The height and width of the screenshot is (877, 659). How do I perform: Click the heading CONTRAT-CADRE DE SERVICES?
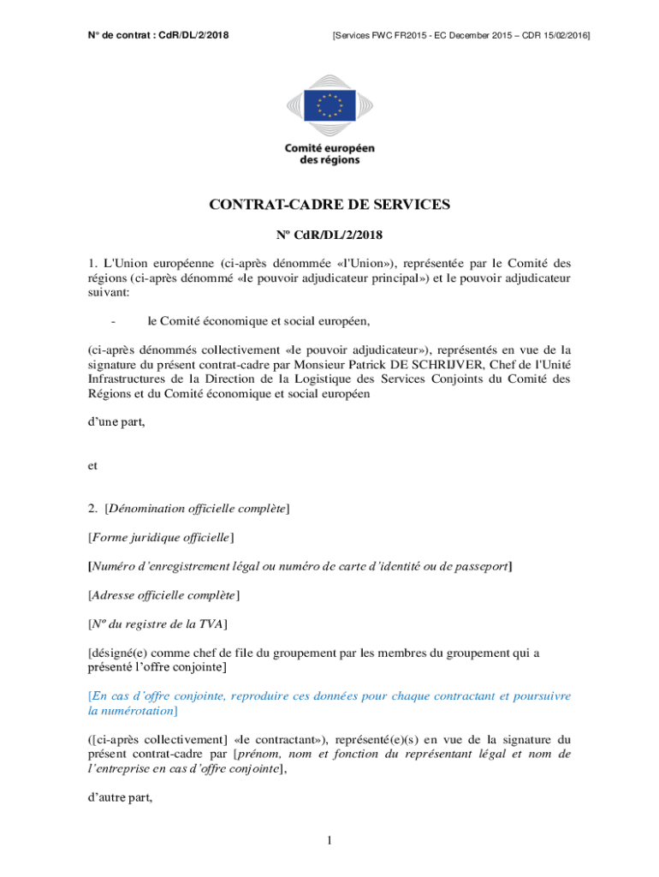tap(329, 205)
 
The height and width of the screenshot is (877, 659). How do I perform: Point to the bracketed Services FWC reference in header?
tap(460, 35)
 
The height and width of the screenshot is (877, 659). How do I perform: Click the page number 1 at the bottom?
tap(329, 840)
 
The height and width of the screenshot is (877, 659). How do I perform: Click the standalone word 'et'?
tap(92, 466)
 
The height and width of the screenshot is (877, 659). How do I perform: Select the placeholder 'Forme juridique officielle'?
tap(161, 538)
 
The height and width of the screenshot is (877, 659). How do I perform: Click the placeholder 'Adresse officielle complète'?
tap(163, 594)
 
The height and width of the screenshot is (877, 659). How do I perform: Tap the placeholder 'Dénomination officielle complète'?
tap(196, 510)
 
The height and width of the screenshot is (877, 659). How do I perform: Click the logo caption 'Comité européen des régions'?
tap(329, 154)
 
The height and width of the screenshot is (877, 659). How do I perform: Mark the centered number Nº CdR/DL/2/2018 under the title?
tap(329, 234)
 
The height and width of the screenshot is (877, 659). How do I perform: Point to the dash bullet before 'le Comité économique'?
tap(114, 321)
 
